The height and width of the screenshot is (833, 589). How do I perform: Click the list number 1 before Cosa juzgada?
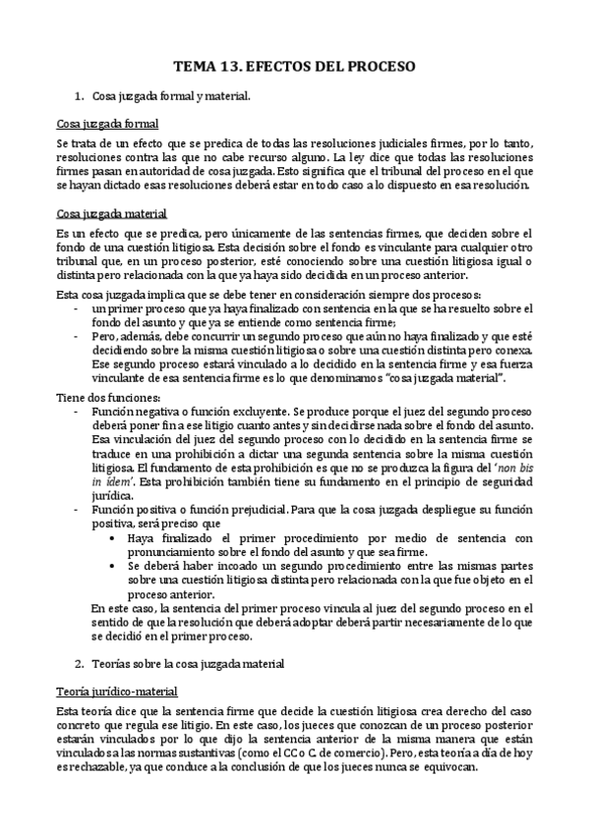(79, 96)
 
